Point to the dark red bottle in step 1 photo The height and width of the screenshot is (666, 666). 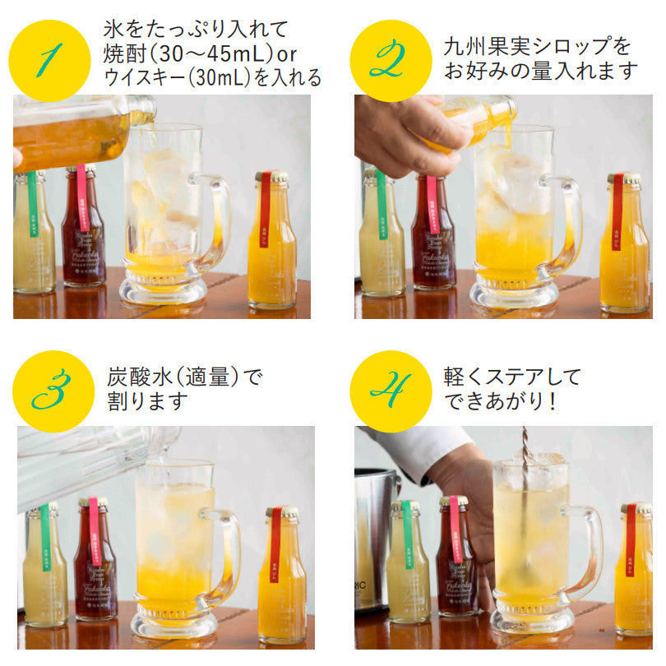click(x=83, y=234)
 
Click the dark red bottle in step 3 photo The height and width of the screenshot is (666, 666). click(x=95, y=567)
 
